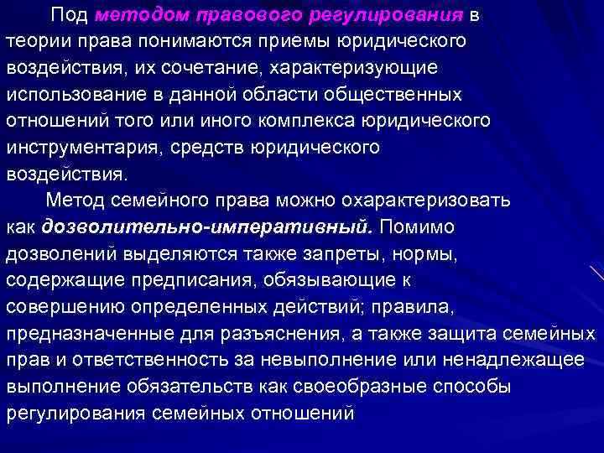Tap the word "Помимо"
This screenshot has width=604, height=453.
[x=418, y=226]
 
